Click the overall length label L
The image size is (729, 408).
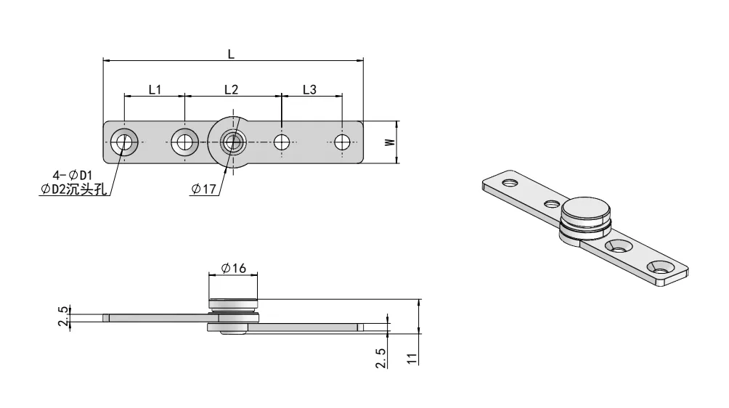[231, 54]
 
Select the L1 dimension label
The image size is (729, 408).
[155, 89]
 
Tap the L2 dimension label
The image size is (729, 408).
[231, 89]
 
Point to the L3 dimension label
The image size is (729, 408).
[309, 89]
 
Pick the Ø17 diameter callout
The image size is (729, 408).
[204, 189]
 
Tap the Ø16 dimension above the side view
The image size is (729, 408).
[233, 269]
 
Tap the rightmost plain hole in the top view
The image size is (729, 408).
[342, 142]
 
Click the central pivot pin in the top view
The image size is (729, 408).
[233, 142]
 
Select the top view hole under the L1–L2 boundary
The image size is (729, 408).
[184, 142]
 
